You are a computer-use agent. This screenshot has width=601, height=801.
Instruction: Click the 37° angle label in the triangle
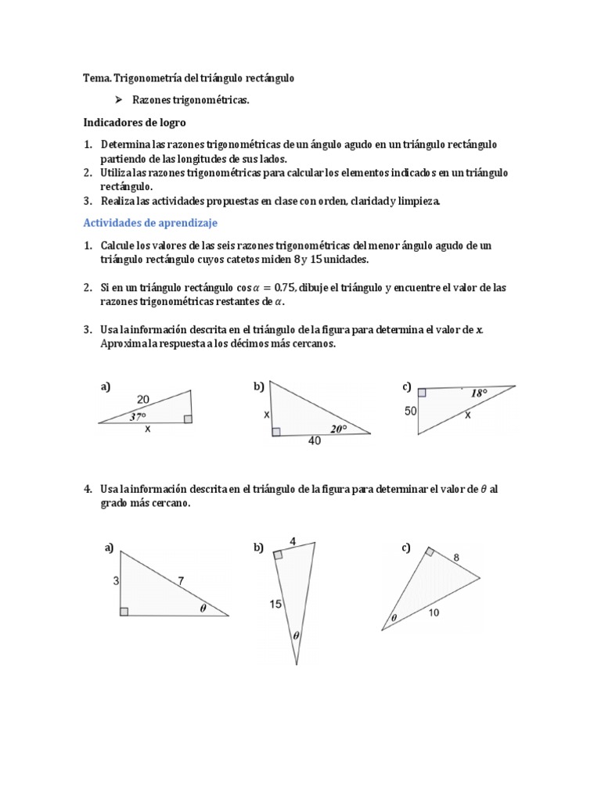click(x=137, y=416)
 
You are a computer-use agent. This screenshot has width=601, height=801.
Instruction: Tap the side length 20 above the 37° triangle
click(x=143, y=399)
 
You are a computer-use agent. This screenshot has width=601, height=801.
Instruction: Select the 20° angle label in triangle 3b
click(x=337, y=428)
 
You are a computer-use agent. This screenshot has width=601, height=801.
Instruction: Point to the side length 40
click(x=315, y=442)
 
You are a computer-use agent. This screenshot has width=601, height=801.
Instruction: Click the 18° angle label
click(x=478, y=393)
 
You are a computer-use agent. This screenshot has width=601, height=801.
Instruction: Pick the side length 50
click(x=410, y=411)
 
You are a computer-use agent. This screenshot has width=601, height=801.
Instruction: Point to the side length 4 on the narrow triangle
click(x=293, y=541)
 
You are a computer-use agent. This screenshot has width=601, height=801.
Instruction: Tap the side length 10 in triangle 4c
click(x=434, y=612)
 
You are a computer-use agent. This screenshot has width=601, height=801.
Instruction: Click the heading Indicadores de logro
click(x=135, y=123)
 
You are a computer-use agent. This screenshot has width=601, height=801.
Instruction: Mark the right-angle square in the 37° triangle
click(x=188, y=419)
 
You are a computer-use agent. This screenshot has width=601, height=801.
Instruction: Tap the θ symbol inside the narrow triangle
click(x=296, y=636)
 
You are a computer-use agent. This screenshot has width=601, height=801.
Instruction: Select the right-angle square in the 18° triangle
click(x=422, y=392)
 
